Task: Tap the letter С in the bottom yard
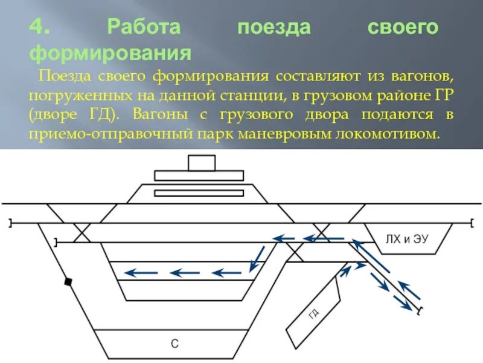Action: (174, 344)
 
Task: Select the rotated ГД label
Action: (313, 313)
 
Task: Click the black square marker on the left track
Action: (69, 281)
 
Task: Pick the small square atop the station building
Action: (201, 163)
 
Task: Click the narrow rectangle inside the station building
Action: (199, 193)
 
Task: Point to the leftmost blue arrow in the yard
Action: (140, 273)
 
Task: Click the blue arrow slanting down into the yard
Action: (258, 259)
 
